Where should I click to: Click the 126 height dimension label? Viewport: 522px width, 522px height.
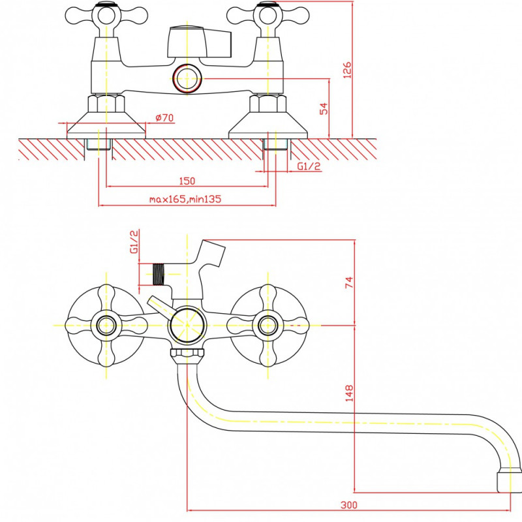point(347,70)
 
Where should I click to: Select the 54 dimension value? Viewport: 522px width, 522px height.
point(324,109)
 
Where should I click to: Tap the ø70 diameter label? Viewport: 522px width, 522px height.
point(164,117)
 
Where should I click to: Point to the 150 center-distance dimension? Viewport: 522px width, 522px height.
point(187,181)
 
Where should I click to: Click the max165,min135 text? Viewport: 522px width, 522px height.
point(185,199)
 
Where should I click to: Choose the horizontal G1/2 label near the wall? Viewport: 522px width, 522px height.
point(309,166)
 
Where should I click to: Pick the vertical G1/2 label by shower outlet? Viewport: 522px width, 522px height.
point(134,241)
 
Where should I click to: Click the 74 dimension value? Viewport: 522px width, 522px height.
point(348,283)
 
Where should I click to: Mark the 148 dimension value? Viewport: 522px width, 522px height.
point(349,393)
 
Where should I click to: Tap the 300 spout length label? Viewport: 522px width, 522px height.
point(349,505)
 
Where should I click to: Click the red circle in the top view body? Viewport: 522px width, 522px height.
point(187,79)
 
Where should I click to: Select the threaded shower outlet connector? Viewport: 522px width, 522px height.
point(159,274)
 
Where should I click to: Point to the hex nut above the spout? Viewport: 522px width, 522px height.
point(187,356)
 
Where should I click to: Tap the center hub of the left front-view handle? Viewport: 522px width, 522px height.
point(106,325)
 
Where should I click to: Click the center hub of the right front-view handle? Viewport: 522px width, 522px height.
point(268,325)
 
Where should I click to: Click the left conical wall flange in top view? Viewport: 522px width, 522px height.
point(106,125)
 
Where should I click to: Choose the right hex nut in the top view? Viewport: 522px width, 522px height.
point(268,104)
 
